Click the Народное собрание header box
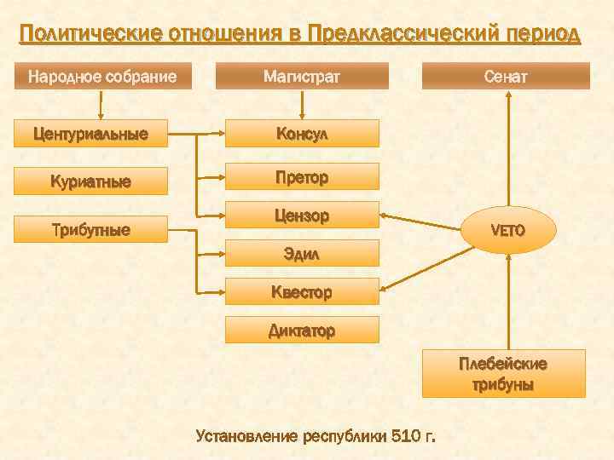click(x=103, y=77)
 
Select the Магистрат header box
click(x=302, y=77)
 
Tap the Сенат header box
click(x=506, y=77)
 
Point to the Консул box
click(x=302, y=134)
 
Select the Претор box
click(x=302, y=176)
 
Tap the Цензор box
click(x=302, y=215)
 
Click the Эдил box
click(x=302, y=253)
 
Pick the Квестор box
click(x=302, y=291)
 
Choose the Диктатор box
click(x=302, y=330)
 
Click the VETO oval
click(x=508, y=230)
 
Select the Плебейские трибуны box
click(x=503, y=374)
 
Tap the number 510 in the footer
click(x=406, y=437)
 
